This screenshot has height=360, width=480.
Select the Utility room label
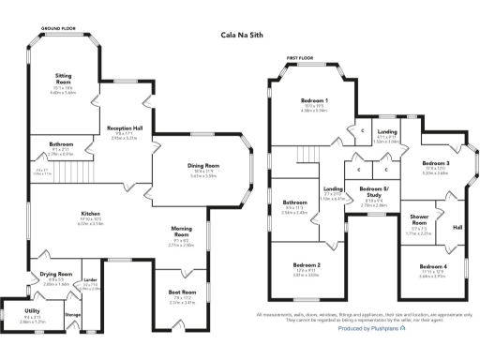(33, 314)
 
